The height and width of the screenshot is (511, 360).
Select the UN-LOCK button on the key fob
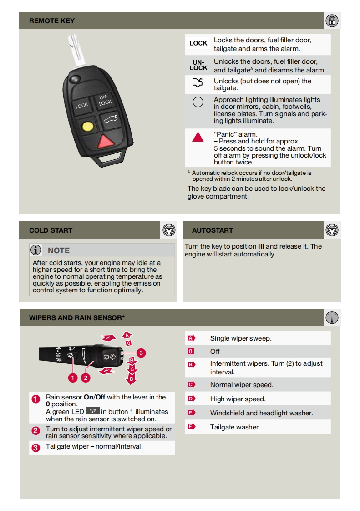[105, 100]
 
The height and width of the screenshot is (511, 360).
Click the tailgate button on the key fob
[109, 120]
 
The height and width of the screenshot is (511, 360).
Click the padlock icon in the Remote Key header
[332, 20]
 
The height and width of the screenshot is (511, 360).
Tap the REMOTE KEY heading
[52, 21]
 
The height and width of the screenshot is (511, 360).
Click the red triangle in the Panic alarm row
[198, 136]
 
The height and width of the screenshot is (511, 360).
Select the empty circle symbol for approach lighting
[198, 102]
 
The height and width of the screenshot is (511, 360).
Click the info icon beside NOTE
[36, 250]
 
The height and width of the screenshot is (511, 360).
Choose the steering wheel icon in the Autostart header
[332, 230]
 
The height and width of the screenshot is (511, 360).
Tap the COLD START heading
[51, 230]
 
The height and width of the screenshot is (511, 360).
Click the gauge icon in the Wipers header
[332, 318]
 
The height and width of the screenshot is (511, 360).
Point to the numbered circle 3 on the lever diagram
[141, 353]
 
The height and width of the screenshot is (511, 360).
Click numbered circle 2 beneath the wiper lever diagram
[86, 378]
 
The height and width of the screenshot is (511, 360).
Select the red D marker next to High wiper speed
[191, 399]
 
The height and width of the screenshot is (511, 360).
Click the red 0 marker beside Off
[191, 351]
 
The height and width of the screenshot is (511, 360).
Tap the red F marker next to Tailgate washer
[191, 427]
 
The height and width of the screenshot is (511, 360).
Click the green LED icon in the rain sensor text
[92, 411]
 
